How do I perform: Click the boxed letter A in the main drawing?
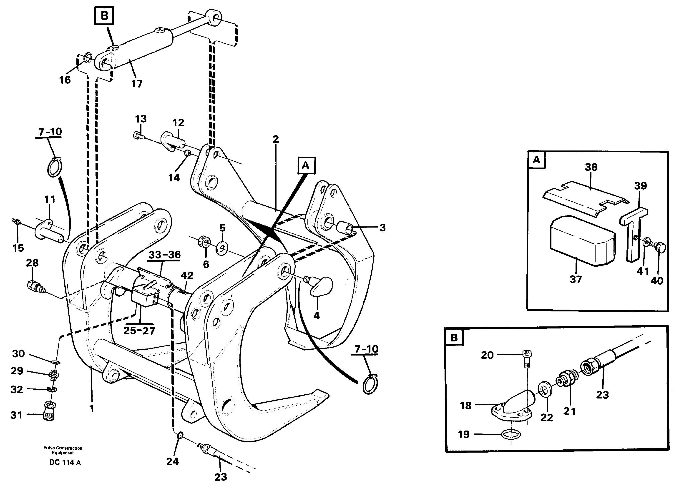tap(306, 165)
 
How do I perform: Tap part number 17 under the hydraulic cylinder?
tap(136, 84)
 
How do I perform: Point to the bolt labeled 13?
tap(138, 135)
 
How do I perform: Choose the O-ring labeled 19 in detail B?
tap(511, 435)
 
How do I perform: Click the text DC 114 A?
tap(65, 463)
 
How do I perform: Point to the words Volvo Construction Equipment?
tap(63, 450)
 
